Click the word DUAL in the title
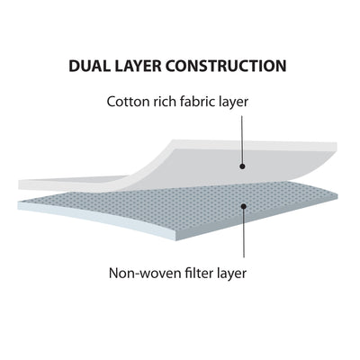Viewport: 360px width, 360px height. (x=88, y=66)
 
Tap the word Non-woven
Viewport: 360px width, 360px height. (x=139, y=274)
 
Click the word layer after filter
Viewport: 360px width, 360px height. (x=229, y=274)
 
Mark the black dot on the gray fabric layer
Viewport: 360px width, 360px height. (x=242, y=166)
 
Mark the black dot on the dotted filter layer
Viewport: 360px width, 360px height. (x=244, y=206)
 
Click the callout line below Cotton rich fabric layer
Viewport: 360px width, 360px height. (x=242, y=140)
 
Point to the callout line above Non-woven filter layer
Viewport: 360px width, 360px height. (x=244, y=233)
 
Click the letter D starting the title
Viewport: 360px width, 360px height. (x=74, y=66)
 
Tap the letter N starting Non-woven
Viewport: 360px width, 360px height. (x=113, y=274)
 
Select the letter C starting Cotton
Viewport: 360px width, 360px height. (x=112, y=102)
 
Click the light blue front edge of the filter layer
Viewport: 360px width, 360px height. (x=96, y=218)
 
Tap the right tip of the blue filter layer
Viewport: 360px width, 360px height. (x=337, y=196)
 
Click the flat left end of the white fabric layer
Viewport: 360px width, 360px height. (x=20, y=184)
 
